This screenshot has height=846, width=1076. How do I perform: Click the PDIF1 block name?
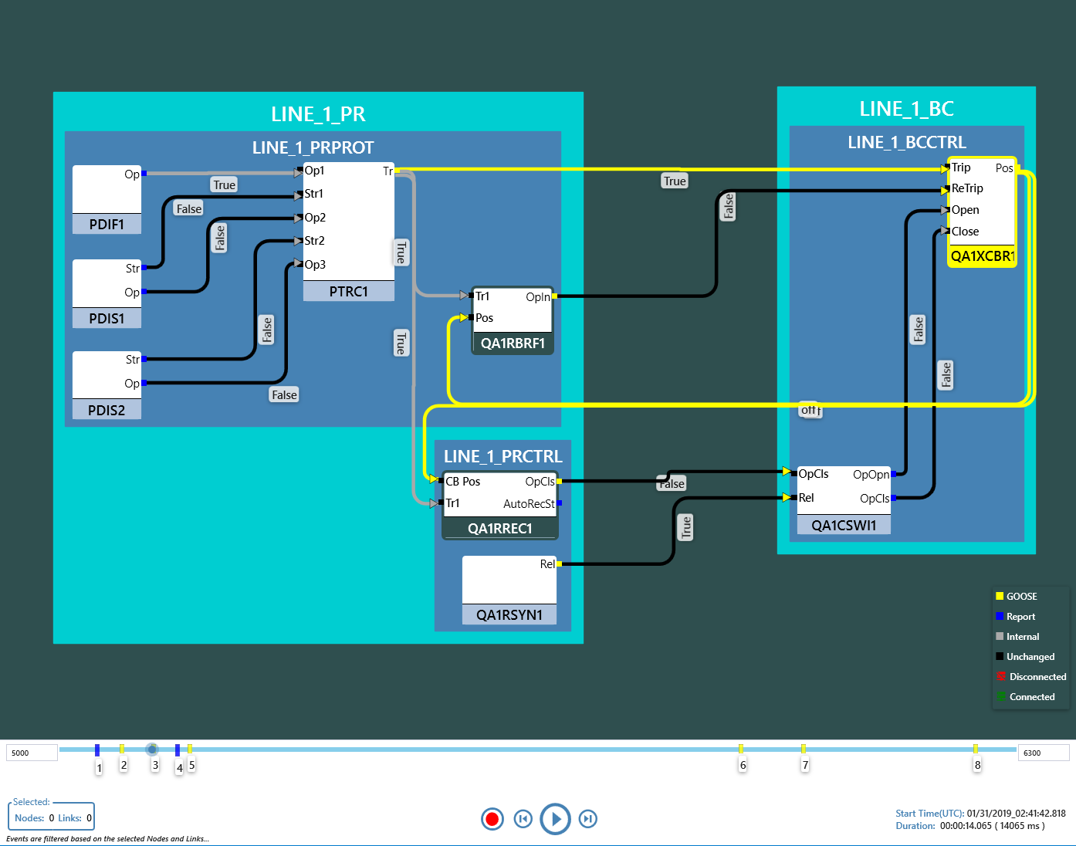pos(107,225)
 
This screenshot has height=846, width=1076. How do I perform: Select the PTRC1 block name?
pos(348,292)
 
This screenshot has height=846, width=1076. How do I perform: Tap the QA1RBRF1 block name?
pos(513,343)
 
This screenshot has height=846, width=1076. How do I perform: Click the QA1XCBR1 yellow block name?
pos(982,256)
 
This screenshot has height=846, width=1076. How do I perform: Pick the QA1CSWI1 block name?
pos(844,526)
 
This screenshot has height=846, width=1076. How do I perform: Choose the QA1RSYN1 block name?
pos(509,615)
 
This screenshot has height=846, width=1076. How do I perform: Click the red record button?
pos(492,819)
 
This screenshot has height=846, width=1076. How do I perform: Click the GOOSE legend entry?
pos(1021,597)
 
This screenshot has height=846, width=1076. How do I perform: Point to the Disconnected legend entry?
pos(1037,677)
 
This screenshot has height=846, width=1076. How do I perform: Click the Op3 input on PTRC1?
pos(314,265)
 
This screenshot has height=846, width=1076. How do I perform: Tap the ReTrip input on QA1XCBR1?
pos(966,188)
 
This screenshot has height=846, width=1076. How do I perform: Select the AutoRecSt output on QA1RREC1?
pos(529,504)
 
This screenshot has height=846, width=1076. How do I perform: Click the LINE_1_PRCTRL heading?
pos(502,457)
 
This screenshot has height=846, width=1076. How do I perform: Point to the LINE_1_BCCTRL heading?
pos(907,143)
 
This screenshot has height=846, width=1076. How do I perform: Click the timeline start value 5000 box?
pos(32,753)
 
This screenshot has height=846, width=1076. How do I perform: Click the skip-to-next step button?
pos(588,819)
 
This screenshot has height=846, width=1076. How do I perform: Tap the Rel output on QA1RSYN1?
pos(547,564)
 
